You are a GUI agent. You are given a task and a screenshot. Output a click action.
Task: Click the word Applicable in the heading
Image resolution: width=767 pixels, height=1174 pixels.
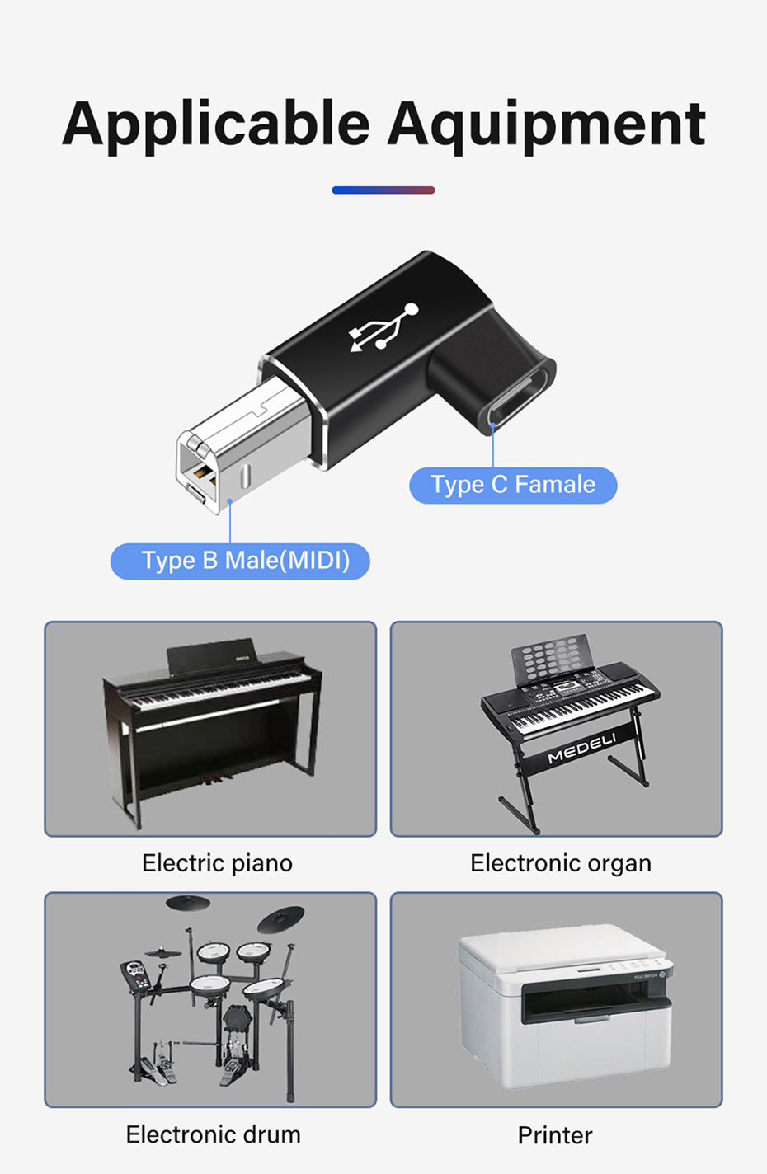(216, 124)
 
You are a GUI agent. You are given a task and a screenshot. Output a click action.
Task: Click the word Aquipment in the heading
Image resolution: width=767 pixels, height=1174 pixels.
(546, 124)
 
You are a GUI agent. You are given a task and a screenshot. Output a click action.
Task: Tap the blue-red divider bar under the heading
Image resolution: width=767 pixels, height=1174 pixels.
(383, 190)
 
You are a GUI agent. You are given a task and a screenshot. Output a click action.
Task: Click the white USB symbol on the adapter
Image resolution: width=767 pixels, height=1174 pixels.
(384, 327)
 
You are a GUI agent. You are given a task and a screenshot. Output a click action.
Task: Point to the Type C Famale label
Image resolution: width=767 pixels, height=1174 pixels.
(513, 485)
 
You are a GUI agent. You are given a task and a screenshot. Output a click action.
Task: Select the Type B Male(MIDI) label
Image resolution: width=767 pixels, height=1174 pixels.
(240, 561)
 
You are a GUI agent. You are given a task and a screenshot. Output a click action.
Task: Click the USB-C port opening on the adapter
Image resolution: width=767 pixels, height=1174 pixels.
(519, 399)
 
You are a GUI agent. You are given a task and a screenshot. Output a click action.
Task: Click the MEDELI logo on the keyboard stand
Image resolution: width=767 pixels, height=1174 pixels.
(582, 748)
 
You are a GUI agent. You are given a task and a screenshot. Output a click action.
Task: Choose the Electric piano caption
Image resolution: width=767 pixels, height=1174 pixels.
(217, 863)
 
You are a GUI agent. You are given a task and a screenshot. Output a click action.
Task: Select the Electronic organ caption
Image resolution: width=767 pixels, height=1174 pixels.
(560, 863)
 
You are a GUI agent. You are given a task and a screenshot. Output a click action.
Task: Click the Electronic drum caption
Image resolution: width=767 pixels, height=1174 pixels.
(213, 1134)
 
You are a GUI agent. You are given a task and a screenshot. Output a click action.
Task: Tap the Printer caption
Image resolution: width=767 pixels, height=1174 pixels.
(555, 1135)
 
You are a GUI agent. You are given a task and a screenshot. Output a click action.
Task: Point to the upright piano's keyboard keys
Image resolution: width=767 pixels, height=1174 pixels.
(214, 693)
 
